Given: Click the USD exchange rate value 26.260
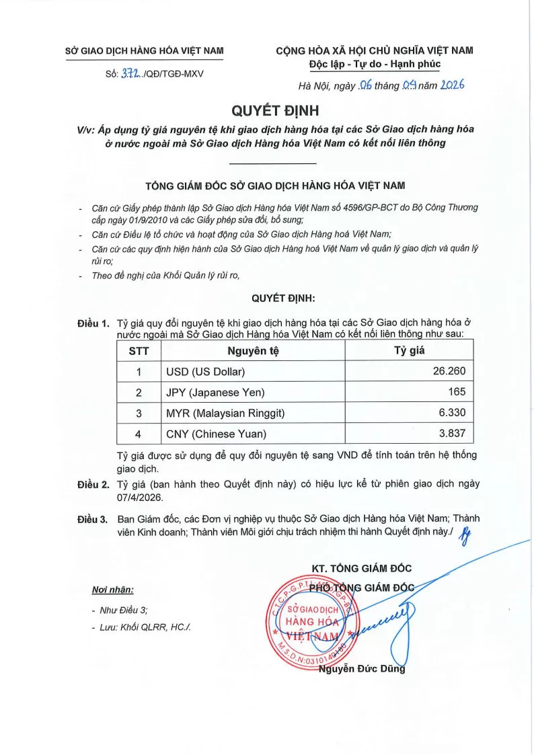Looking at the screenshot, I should tap(447, 371).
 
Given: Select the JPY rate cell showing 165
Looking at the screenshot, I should tap(455, 391).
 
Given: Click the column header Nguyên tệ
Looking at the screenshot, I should tap(252, 350).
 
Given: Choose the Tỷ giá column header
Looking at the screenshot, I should tap(408, 350).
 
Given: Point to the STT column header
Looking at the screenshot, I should tap(139, 350).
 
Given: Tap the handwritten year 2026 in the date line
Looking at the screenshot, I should tap(450, 85).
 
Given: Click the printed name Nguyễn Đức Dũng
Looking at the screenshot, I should tap(362, 668).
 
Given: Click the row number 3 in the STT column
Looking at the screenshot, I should tap(139, 412).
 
